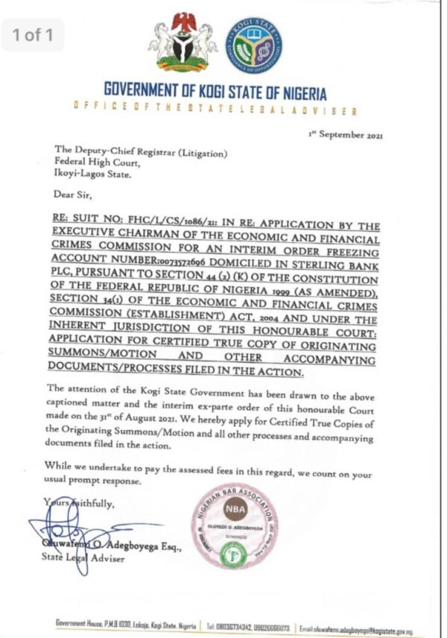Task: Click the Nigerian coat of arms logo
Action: (x=183, y=42)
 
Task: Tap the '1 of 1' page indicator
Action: (x=33, y=34)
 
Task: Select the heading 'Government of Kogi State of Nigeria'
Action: (x=215, y=93)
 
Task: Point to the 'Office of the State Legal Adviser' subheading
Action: (x=215, y=110)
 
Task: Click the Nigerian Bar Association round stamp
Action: (x=234, y=525)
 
